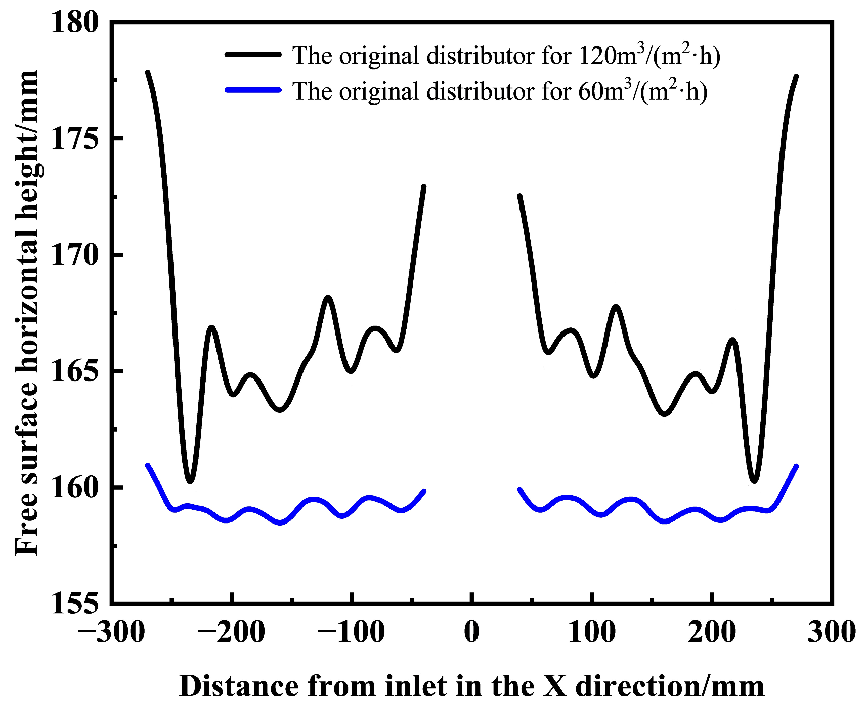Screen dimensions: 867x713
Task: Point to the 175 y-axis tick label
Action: point(75,138)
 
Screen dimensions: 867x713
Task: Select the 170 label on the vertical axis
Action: point(75,255)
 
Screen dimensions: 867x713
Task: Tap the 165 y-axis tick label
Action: point(75,371)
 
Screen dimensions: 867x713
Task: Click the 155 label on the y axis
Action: point(75,603)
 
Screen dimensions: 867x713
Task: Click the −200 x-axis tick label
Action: point(231,632)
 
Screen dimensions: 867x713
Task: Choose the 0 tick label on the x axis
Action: point(471,632)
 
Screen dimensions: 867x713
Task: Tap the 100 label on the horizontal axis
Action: point(592,632)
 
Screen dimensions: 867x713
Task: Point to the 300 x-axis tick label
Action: point(832,632)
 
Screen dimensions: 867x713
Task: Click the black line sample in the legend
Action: point(253,54)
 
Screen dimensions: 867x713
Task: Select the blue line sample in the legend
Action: point(253,90)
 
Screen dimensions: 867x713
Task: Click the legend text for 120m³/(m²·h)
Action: point(506,55)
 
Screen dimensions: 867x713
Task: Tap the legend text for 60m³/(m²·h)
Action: point(500,90)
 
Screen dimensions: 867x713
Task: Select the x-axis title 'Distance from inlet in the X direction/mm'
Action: point(471,686)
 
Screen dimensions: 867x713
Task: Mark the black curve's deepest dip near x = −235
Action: point(190,481)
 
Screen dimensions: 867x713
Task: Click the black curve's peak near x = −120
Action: point(328,297)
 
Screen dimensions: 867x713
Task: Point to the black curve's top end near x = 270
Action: point(797,76)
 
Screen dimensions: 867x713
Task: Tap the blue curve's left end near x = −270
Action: point(147,465)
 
